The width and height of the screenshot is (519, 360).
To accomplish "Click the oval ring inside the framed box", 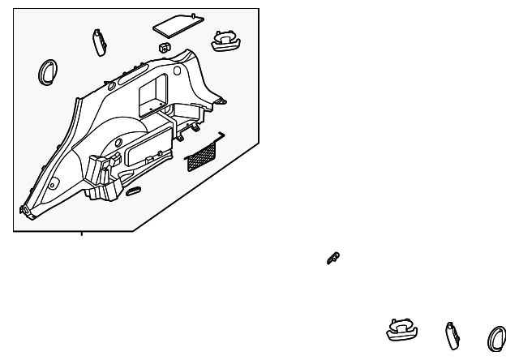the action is coord(47,72).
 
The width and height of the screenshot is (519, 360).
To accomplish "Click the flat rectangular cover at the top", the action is coord(177,24).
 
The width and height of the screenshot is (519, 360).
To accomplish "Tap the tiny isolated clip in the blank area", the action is coord(332,258).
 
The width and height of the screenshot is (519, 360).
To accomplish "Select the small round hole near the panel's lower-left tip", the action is coord(51,186).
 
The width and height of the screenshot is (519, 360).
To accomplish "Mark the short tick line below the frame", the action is coord(82,234).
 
